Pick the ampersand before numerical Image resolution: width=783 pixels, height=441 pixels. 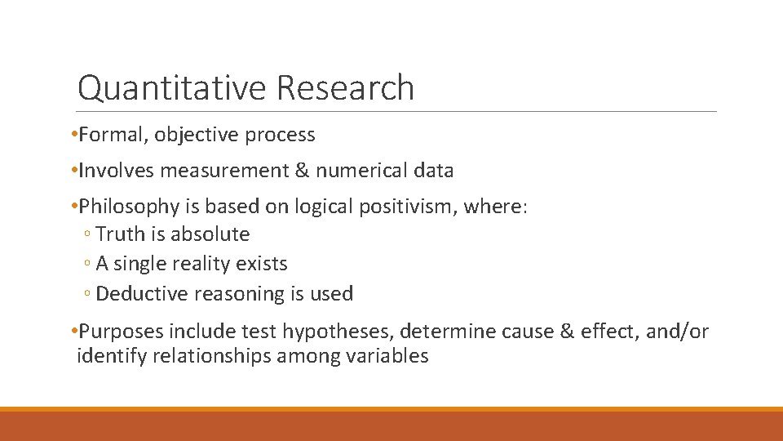(303, 171)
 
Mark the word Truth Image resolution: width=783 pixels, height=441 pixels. (119, 234)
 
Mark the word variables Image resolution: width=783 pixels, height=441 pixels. (387, 356)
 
